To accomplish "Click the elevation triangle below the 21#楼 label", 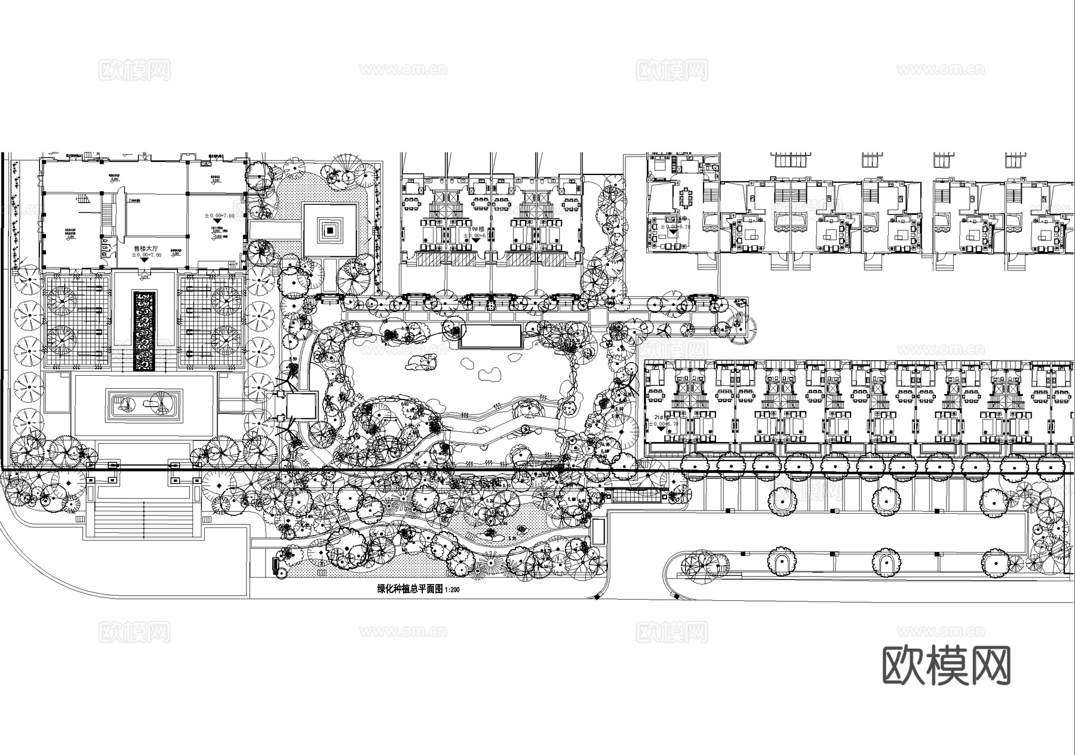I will pos(661,429).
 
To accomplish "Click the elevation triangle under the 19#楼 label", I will pos(476,240).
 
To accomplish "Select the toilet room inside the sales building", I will pos(105,244).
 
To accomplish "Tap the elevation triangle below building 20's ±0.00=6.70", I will pos(673,234).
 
